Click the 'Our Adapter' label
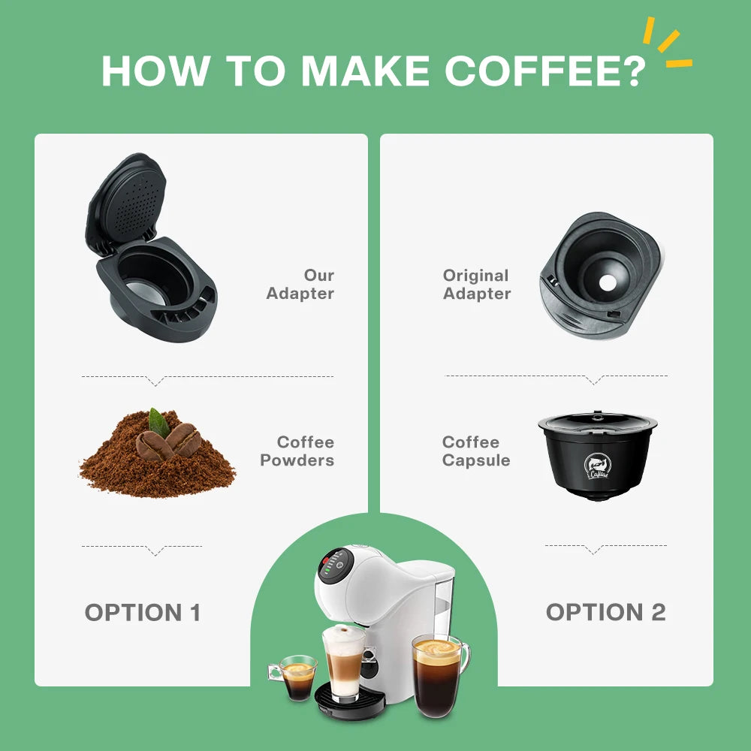point(300,285)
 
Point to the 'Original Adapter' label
point(477,285)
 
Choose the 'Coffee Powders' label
point(297,451)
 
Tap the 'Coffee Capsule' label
point(476,451)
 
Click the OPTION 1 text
point(143,612)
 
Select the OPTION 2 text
point(605,612)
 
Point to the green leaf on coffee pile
point(158,422)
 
